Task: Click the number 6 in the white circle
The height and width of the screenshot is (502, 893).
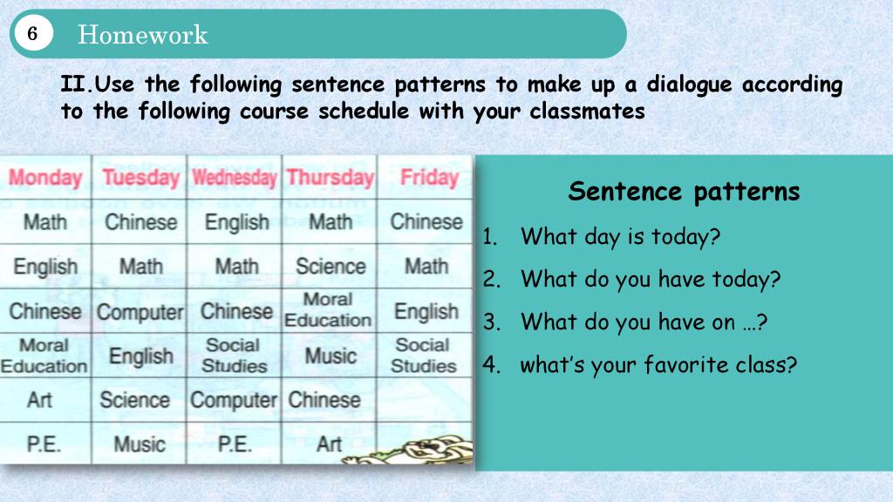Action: click(x=32, y=34)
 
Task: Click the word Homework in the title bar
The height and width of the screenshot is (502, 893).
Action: click(x=142, y=34)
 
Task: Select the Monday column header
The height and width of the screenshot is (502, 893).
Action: click(x=45, y=178)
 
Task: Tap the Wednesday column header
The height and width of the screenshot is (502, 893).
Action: click(x=234, y=178)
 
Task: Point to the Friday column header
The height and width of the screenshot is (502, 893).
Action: click(x=429, y=177)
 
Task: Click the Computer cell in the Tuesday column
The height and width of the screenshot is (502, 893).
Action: click(x=140, y=312)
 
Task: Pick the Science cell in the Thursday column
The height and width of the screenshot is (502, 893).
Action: click(x=331, y=267)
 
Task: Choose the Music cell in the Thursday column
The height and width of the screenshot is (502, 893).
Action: click(x=331, y=356)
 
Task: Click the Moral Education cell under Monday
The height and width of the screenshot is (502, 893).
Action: click(x=44, y=356)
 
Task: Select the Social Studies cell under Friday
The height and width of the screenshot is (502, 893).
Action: click(x=423, y=356)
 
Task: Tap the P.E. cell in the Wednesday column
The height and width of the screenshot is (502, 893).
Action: click(x=234, y=444)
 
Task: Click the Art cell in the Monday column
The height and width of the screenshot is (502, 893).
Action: click(x=40, y=400)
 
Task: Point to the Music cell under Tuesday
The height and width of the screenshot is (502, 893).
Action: click(x=140, y=444)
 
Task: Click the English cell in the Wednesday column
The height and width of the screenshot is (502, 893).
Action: click(x=236, y=222)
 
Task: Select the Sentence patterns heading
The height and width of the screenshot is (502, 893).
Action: click(x=684, y=191)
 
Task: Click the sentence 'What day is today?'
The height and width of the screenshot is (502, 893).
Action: click(x=620, y=236)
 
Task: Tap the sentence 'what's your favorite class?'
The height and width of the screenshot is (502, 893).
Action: click(x=658, y=365)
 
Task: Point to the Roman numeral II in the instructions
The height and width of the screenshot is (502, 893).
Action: click(x=73, y=85)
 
